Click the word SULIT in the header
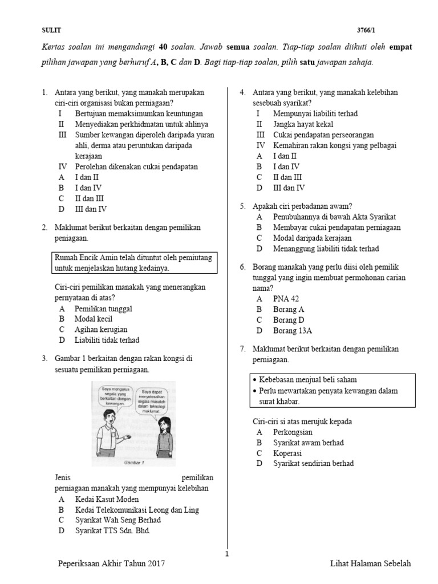(x=51, y=30)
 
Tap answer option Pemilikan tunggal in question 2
(x=103, y=309)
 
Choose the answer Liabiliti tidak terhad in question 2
(x=107, y=340)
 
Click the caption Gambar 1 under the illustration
(x=134, y=463)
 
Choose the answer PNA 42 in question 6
(x=286, y=298)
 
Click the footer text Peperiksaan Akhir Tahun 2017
(x=111, y=563)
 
